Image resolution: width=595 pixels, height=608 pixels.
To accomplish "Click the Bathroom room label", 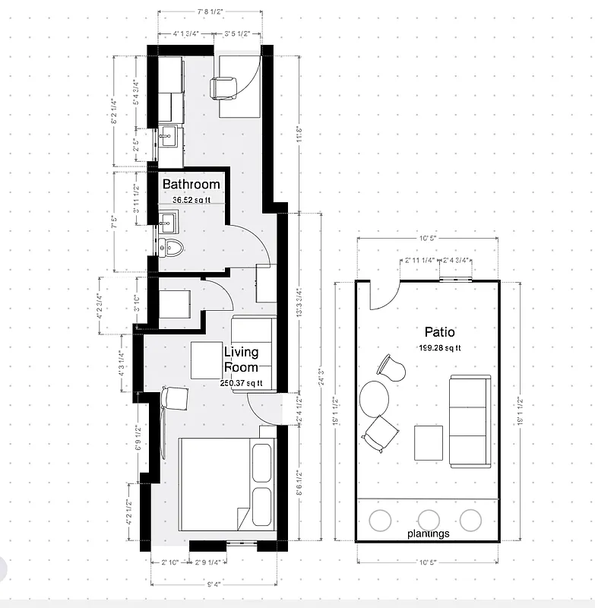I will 191,184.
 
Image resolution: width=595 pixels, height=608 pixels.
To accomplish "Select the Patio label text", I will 439,332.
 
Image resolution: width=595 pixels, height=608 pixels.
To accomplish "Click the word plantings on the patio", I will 428,534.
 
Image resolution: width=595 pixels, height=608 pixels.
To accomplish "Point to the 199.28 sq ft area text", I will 440,348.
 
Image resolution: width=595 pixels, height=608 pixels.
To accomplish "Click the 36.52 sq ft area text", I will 190,200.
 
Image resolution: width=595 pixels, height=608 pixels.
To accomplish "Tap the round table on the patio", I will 374,397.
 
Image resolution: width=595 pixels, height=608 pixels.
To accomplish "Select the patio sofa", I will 468,421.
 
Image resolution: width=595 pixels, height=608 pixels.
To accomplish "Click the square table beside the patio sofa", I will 429,443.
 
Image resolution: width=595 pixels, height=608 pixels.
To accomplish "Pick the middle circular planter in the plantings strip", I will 429,520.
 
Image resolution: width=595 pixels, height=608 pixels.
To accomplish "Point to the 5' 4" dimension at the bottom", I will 214,584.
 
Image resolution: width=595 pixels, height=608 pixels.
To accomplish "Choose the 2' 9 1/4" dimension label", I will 207,562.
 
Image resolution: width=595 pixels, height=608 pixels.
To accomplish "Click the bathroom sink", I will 169,223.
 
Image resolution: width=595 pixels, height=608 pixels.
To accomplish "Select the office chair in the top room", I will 223,88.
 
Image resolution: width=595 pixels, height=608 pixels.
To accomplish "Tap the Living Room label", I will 241,359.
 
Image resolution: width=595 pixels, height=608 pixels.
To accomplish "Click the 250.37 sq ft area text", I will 239,384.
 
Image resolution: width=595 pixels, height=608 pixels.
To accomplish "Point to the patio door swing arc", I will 382,299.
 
